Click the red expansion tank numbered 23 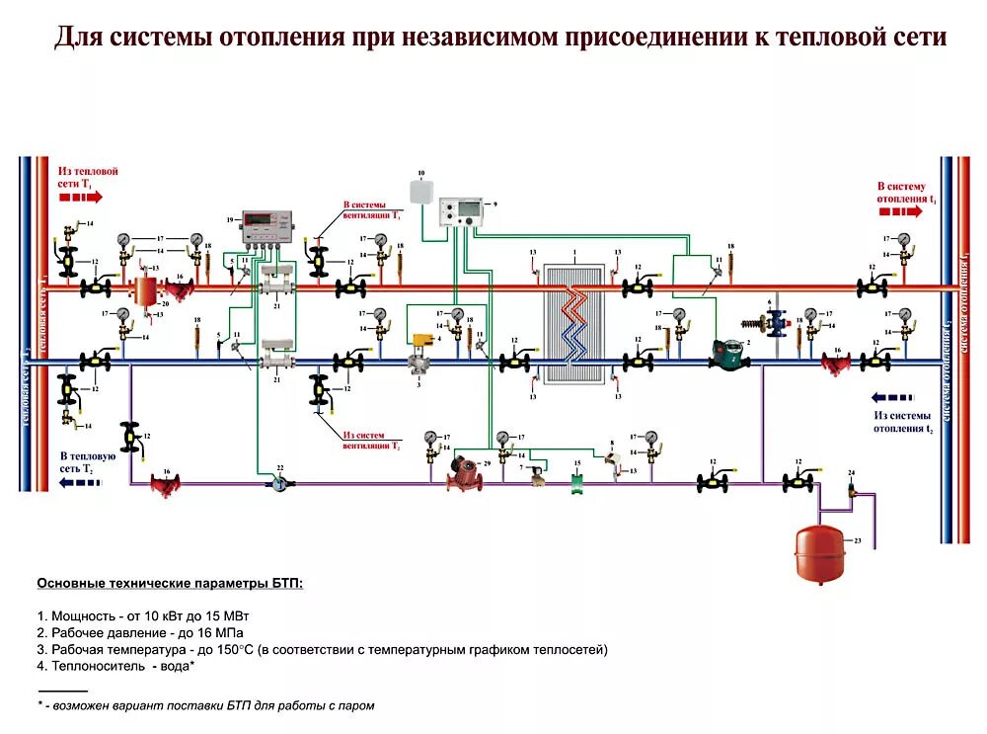coord(819,553)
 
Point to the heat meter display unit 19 coord(267,226)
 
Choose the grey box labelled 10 coord(421,191)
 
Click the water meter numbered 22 coord(281,483)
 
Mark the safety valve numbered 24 coord(852,489)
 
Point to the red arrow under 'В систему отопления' coord(899,211)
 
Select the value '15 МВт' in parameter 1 coord(229,614)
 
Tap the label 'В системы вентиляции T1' coord(372,209)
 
